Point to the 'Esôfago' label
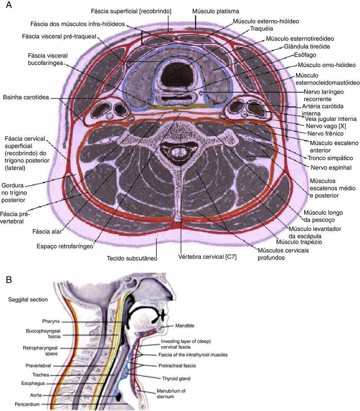pos(305,55)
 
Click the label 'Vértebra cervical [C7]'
pos(207,257)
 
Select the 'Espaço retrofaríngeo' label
pos(65,246)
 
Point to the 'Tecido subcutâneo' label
pos(132,258)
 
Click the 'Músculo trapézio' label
pos(299,242)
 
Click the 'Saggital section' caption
pos(28,300)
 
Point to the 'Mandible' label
pos(185,326)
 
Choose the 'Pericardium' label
pos(27,404)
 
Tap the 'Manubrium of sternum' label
pos(171,393)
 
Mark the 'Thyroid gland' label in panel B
pos(176,379)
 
